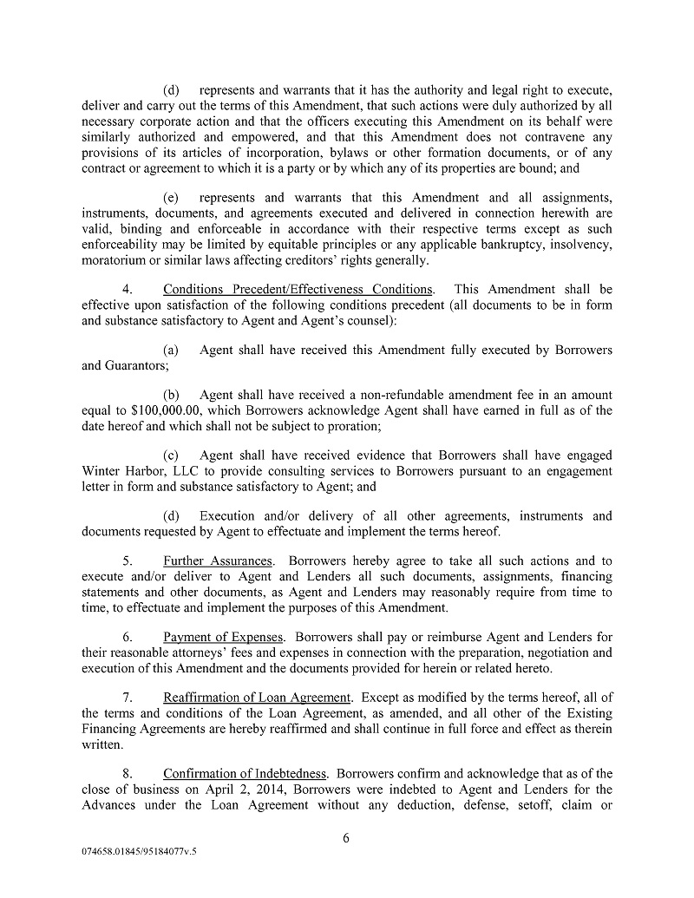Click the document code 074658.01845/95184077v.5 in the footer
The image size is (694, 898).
coord(134,852)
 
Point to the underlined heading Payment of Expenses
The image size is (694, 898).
coord(223,637)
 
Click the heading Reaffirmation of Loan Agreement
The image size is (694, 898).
coord(257,698)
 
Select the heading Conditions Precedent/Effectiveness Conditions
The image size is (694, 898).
coord(298,289)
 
